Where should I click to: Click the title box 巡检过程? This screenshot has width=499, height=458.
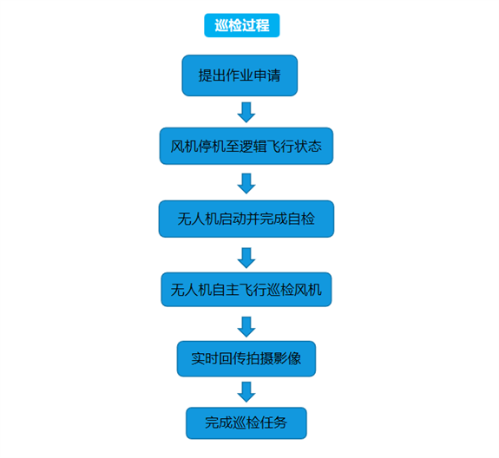coord(242,25)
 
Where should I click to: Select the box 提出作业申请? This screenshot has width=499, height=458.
coord(240,75)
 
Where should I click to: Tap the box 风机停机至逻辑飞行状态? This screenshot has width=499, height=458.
coord(246,146)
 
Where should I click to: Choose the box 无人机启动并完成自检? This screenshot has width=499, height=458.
coord(246,219)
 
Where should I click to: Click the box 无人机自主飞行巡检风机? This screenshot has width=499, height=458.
coord(246,290)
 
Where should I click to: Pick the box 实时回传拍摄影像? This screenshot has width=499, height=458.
coord(246,359)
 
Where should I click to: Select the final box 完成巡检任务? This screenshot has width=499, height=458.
coord(246,423)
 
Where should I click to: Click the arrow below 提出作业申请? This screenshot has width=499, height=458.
coord(246,112)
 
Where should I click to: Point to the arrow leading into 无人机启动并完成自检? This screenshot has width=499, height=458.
coord(246,184)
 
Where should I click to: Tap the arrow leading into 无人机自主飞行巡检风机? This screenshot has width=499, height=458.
coord(246,258)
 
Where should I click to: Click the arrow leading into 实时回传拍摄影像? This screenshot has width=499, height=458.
coord(246,327)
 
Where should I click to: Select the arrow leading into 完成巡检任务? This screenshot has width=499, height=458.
coord(246,392)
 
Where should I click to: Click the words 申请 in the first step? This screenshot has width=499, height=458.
coord(267,75)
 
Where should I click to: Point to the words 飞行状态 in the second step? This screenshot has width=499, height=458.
coord(293,147)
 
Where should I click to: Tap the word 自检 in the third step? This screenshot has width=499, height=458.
coord(301,219)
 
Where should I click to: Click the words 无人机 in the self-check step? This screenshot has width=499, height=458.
coord(198,219)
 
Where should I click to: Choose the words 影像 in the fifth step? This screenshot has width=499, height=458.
coord(287,359)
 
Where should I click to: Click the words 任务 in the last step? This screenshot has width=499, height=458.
coord(273,423)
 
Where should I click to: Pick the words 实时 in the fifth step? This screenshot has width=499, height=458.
coord(205,359)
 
